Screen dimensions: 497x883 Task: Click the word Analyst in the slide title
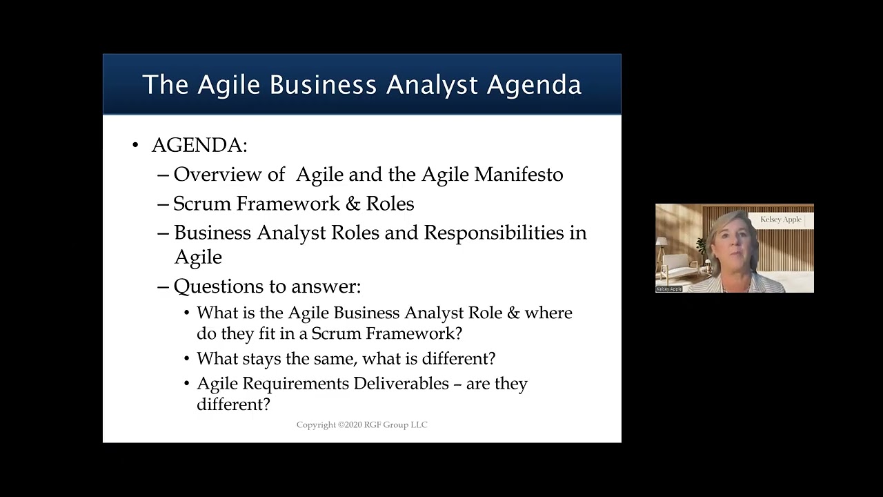click(432, 85)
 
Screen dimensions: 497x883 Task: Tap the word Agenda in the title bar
click(534, 85)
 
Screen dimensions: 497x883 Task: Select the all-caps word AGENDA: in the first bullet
click(199, 146)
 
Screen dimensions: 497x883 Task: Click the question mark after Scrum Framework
click(458, 333)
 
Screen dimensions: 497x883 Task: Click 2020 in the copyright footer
click(353, 425)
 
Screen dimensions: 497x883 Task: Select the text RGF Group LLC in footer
click(400, 425)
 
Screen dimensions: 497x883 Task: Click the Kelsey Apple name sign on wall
click(781, 220)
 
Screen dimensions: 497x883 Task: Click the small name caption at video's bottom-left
click(668, 289)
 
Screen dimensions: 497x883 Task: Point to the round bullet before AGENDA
click(135, 146)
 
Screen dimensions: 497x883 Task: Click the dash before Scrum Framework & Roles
click(163, 204)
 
